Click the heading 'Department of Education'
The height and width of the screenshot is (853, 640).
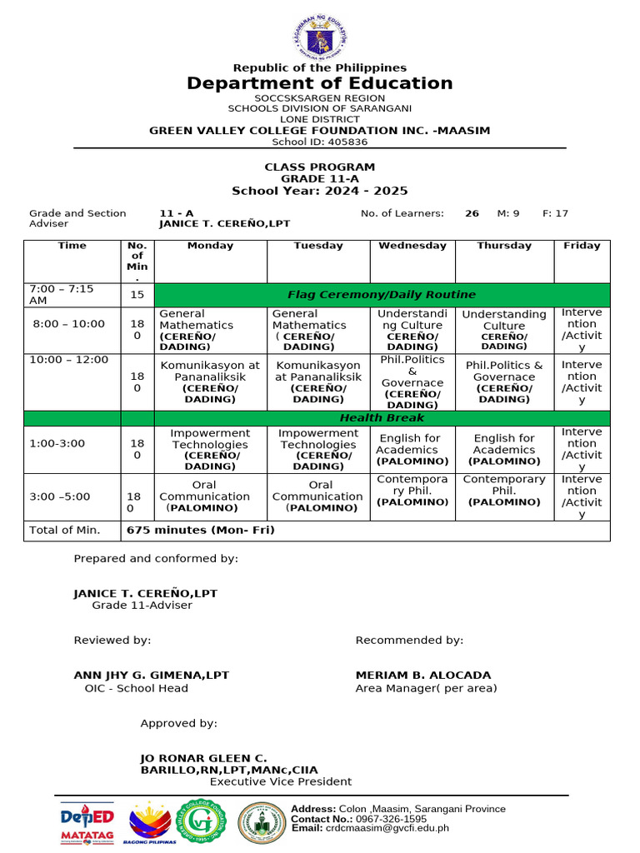click(x=320, y=83)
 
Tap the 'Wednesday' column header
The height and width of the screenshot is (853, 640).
click(x=412, y=246)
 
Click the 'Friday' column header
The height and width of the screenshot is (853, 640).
click(x=582, y=246)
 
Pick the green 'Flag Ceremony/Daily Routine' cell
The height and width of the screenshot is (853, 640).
click(x=382, y=295)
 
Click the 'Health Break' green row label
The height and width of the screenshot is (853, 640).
click(x=382, y=418)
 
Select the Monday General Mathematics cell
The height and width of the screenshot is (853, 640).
click(x=210, y=330)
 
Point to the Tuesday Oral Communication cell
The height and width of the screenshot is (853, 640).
click(x=317, y=496)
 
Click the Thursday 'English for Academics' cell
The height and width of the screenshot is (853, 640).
click(x=504, y=449)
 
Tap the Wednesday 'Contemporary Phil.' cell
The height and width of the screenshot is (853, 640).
click(x=412, y=491)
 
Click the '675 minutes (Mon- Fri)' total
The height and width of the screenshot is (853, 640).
click(x=200, y=530)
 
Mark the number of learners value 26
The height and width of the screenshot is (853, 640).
click(x=472, y=213)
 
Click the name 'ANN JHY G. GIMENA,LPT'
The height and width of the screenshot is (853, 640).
click(x=151, y=676)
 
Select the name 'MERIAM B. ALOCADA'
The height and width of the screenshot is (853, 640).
click(x=423, y=676)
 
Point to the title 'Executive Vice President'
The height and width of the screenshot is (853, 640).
click(x=280, y=781)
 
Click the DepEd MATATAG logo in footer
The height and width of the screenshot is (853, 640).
click(x=88, y=824)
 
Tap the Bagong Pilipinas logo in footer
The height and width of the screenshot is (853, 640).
click(x=152, y=824)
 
